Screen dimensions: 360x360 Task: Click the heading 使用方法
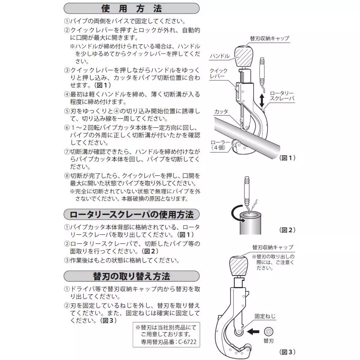(131, 8)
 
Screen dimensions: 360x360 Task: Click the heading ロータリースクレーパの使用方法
(131, 214)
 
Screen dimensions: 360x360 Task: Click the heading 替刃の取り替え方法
(131, 276)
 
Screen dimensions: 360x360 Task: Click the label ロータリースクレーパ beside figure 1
(282, 96)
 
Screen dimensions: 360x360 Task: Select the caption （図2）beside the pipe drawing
(287, 230)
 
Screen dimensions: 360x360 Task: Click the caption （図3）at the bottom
(287, 352)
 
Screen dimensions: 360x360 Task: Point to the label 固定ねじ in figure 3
(265, 316)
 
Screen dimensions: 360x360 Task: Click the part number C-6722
(188, 343)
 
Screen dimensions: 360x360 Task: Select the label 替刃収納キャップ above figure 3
(273, 247)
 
